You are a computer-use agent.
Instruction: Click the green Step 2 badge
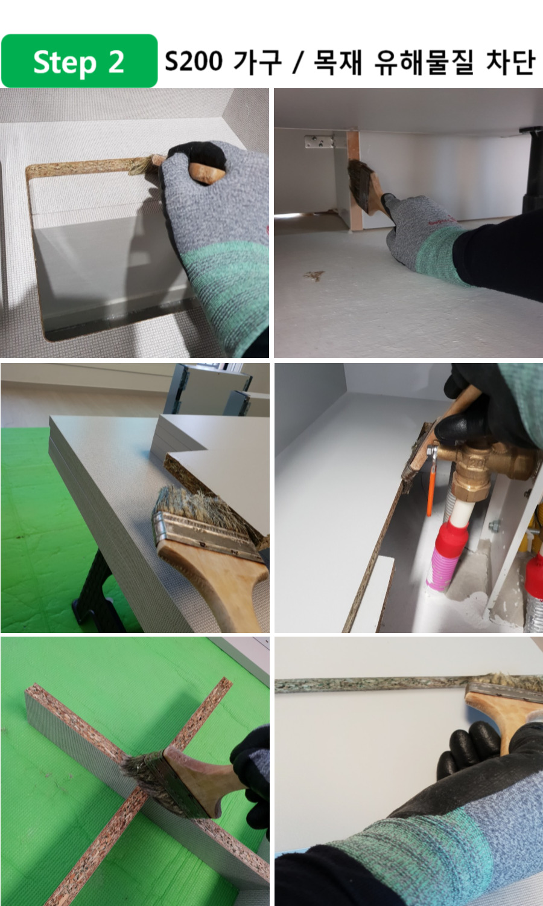coord(79,61)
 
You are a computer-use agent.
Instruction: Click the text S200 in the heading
coord(194,61)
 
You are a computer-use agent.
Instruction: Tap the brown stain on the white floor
coord(314,275)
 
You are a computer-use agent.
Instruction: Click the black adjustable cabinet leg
coord(532,170)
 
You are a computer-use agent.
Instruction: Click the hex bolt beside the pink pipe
coord(494,526)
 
